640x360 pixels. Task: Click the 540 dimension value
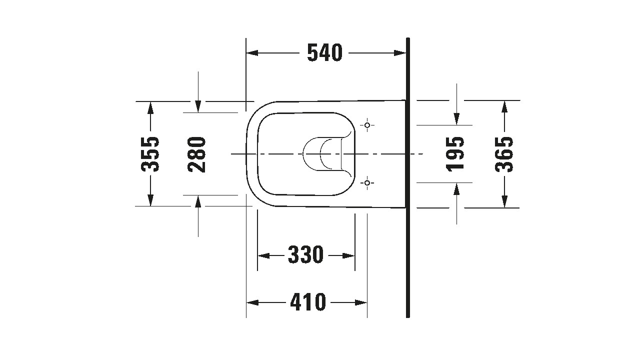coord(324,53)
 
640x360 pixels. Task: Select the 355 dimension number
coord(150,154)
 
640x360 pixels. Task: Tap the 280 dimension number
coord(196,154)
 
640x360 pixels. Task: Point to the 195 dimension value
coord(455,154)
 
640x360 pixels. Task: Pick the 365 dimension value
coord(504,154)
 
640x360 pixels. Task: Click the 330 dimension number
coord(305,254)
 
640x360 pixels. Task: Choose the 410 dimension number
coord(308,302)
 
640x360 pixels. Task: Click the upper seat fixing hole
coord(367,125)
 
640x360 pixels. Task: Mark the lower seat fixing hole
coord(367,182)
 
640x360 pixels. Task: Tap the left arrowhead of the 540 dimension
coord(252,53)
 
